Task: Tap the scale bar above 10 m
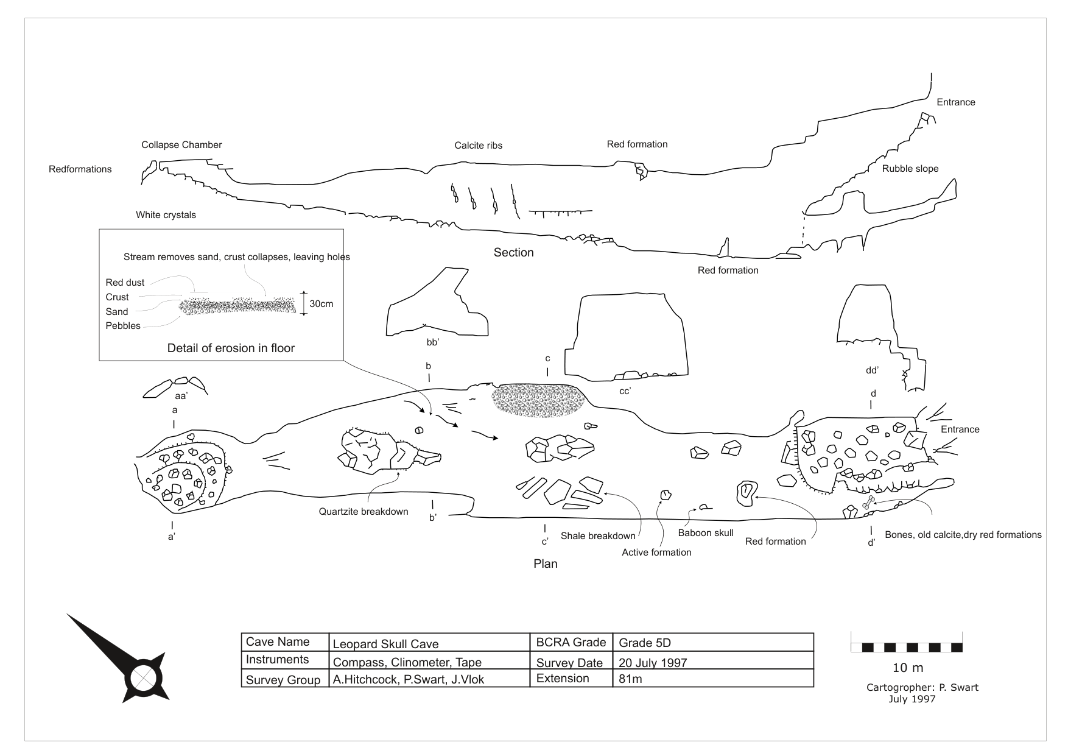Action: [x=906, y=647]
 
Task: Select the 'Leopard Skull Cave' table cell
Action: [x=385, y=644]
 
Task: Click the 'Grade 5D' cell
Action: [x=645, y=643]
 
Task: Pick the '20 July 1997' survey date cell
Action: [x=653, y=663]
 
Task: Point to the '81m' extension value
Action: [x=630, y=679]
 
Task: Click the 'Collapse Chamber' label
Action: [x=181, y=145]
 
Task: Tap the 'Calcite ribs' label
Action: [x=478, y=146]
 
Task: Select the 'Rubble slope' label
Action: [x=910, y=169]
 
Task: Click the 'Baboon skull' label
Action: [x=706, y=533]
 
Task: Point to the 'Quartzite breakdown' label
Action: [x=363, y=512]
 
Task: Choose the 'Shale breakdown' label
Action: [x=598, y=536]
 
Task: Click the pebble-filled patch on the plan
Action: [x=538, y=400]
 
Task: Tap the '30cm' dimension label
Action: [x=321, y=303]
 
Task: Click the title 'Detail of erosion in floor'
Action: [x=231, y=348]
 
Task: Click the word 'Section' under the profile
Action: [x=513, y=253]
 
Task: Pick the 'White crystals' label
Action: [x=166, y=215]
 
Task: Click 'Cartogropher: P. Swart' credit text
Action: [x=922, y=687]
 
